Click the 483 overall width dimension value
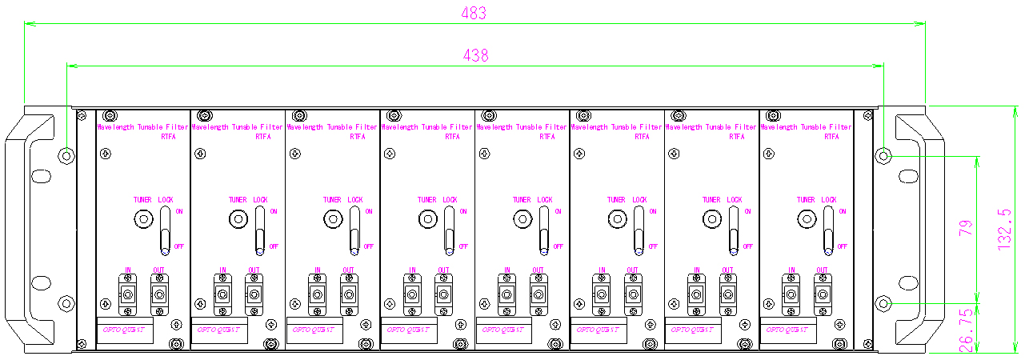(x=474, y=14)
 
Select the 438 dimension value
(x=475, y=55)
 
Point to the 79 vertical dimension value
(x=966, y=226)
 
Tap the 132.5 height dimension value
(x=1006, y=230)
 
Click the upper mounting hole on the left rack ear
(x=66, y=155)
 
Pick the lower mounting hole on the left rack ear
(x=66, y=303)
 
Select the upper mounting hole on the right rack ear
(x=883, y=155)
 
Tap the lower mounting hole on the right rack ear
(x=883, y=303)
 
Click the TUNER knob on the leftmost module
(x=143, y=218)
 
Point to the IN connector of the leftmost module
(x=127, y=294)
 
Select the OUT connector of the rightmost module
(x=822, y=294)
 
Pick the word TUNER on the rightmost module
(x=806, y=200)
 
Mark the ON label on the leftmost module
(x=179, y=211)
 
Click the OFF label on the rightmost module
(x=842, y=246)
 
